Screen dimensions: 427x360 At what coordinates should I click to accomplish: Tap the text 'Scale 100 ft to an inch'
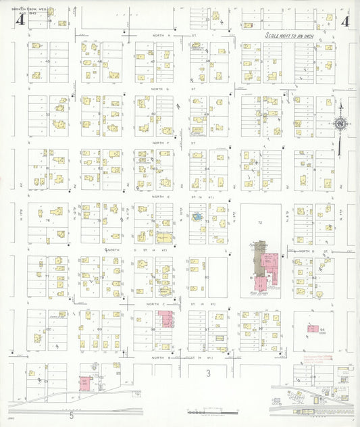pyautogui.click(x=296, y=34)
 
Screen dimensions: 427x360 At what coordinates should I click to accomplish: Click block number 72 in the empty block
pyautogui.click(x=260, y=222)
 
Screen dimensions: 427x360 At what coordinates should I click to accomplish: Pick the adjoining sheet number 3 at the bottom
pyautogui.click(x=209, y=373)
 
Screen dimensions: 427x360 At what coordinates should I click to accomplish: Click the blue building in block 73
pyautogui.click(x=197, y=218)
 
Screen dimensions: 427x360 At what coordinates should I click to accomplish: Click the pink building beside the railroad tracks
pyautogui.click(x=85, y=382)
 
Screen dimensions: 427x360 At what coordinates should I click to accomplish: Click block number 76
pyautogui.click(x=48, y=221)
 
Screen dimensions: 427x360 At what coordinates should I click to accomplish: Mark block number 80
pyautogui.click(x=207, y=277)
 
